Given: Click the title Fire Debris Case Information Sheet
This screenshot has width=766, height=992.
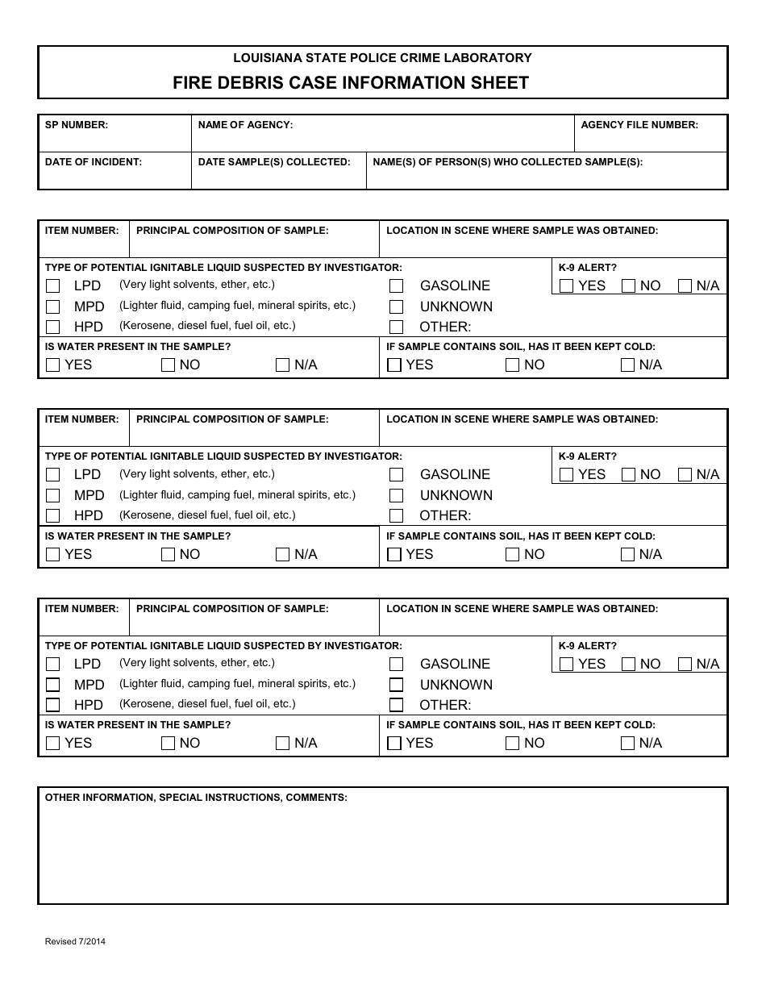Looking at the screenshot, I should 351,83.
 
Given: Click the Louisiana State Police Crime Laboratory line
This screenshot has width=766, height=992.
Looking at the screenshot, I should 382,58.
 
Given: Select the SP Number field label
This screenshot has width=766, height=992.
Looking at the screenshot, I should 77,125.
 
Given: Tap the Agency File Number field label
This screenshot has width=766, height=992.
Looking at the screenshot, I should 639,125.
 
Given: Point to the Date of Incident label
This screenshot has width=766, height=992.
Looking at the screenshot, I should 94,162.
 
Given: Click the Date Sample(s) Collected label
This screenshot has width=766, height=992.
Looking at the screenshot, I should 274,162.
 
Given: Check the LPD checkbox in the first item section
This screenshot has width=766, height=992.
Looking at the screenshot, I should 53,286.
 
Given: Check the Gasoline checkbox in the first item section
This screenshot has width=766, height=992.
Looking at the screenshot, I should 396,286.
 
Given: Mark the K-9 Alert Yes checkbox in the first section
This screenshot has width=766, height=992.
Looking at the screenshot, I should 566,286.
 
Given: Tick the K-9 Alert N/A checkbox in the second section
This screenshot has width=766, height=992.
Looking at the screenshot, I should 685,474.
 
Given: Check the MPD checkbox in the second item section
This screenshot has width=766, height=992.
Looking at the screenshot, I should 53,495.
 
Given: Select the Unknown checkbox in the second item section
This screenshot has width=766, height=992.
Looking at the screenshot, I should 396,495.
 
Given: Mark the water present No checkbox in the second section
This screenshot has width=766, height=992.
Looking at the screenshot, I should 168,554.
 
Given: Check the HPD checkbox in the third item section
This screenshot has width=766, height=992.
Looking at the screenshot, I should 53,705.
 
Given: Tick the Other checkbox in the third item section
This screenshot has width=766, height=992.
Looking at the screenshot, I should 396,705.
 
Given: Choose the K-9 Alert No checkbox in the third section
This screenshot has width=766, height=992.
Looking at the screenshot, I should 628,664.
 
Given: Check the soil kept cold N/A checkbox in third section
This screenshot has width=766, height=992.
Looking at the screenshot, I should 627,743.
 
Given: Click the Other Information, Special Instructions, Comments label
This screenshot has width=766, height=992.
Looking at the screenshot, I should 196,798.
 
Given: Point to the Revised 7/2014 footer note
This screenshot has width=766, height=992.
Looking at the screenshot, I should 75,941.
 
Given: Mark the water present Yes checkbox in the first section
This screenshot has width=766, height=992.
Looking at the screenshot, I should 53,365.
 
